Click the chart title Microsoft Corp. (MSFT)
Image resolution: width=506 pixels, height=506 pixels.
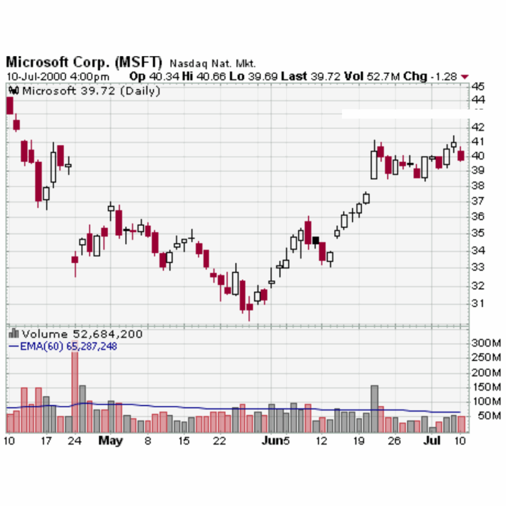[84, 63]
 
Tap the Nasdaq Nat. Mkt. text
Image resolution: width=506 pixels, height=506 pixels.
[212, 64]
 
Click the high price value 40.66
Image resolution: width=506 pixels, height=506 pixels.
[206, 77]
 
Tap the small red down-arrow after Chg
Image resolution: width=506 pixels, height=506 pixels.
[464, 77]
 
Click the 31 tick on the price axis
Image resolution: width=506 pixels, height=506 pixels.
[478, 303]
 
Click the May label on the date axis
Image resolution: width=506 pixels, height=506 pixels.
[110, 440]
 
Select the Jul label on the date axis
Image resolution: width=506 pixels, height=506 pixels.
[432, 440]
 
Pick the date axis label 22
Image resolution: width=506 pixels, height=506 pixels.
[220, 440]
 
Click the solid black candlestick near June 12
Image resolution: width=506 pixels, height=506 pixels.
[316, 241]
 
